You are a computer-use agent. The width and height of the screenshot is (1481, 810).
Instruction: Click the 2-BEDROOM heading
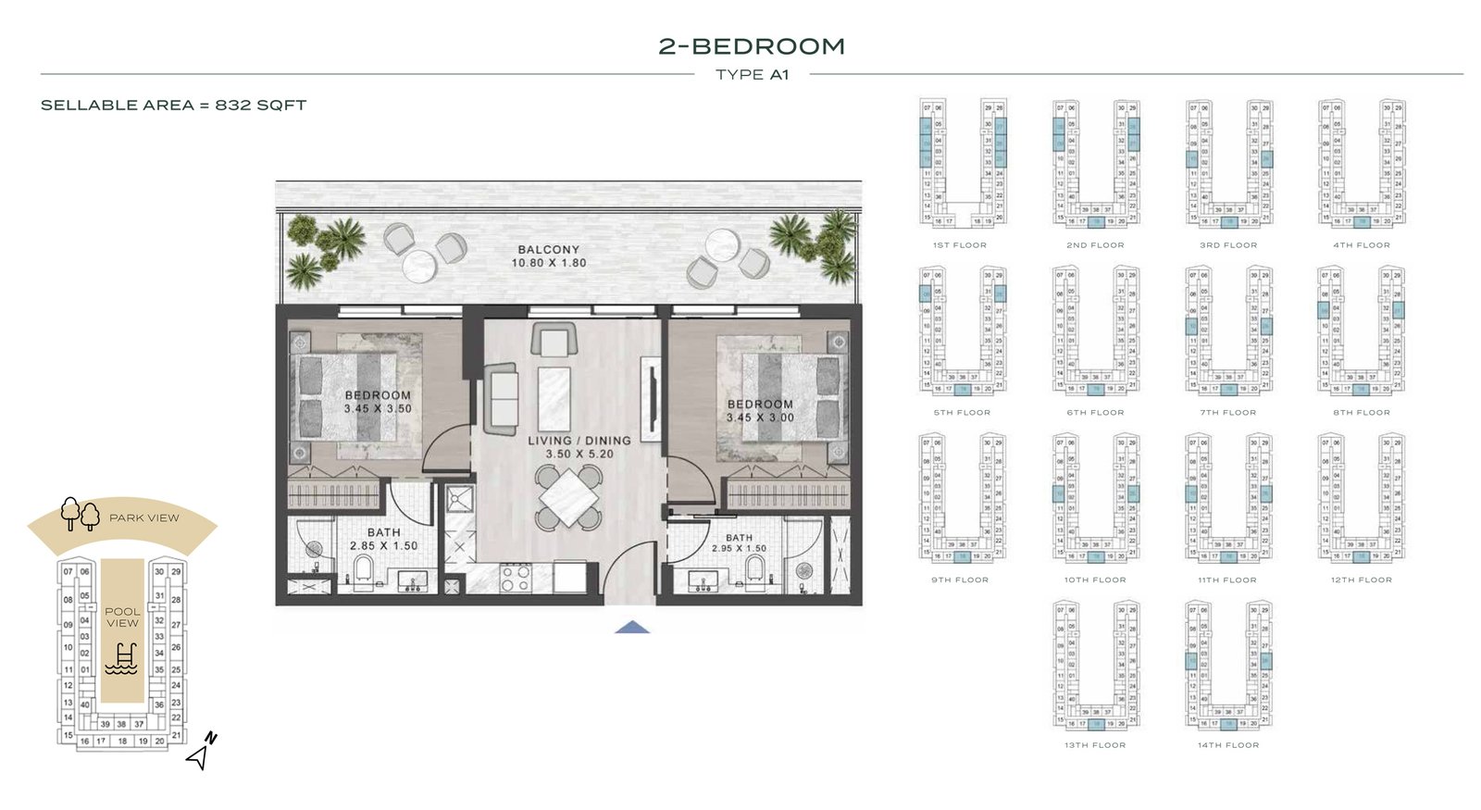click(x=751, y=46)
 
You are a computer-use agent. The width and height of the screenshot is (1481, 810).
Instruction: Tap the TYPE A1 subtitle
click(x=752, y=75)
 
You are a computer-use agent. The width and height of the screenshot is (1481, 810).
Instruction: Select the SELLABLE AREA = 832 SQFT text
click(x=173, y=106)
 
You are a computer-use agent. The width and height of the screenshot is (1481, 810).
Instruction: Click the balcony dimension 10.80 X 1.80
click(x=549, y=263)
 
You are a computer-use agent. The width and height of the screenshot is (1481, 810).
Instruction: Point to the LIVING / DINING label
click(x=579, y=441)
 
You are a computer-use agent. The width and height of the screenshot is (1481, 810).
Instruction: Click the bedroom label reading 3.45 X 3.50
click(x=378, y=408)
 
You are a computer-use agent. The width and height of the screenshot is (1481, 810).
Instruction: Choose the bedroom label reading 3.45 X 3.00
click(x=760, y=417)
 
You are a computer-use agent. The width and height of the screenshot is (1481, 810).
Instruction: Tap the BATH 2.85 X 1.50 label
click(x=383, y=539)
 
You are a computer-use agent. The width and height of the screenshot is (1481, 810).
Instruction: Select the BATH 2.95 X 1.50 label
click(x=739, y=543)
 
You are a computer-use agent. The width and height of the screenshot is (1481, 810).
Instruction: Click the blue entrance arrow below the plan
click(x=632, y=628)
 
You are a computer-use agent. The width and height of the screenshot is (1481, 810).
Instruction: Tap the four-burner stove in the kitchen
click(x=516, y=579)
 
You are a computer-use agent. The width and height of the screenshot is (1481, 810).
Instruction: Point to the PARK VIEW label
click(x=144, y=518)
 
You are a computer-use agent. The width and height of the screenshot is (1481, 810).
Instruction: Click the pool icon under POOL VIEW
click(x=122, y=658)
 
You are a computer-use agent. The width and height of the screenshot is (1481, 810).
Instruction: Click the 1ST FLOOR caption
click(x=959, y=245)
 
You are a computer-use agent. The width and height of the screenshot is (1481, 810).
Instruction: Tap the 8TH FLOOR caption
click(x=1361, y=413)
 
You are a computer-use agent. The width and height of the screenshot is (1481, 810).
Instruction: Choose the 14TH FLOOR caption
click(x=1227, y=745)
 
